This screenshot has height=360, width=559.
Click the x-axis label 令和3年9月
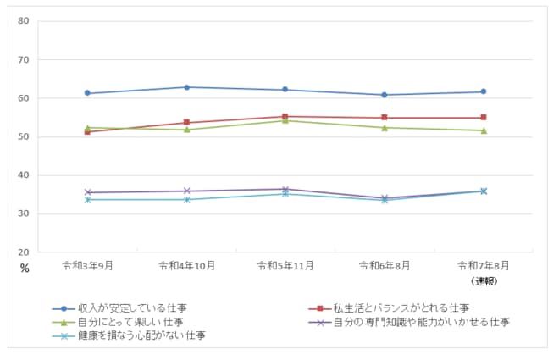coord(87,265)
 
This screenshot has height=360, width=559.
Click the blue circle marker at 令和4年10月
coord(186,87)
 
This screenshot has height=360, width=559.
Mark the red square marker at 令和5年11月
coord(285,117)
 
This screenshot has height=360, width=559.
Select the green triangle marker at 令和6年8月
coord(385,128)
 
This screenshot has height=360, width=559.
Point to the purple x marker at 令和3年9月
coord(87,192)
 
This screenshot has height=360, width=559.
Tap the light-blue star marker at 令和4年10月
coord(186,199)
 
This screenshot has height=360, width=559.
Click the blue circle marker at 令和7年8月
coord(483,91)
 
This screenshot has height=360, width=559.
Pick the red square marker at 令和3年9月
coord(87,131)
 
